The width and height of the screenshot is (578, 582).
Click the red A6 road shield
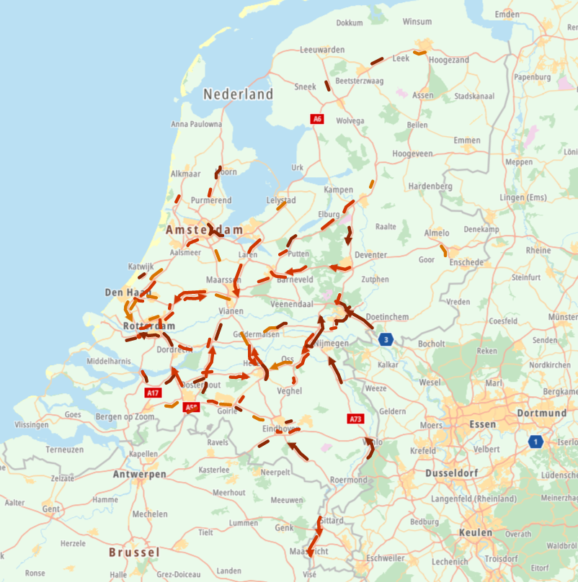tap(317, 118)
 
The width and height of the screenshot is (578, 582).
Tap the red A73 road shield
tap(355, 418)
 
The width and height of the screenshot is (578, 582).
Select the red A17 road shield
tap(152, 393)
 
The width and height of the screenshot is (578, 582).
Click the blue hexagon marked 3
tap(387, 339)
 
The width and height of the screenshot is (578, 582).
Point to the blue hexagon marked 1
tap(534, 442)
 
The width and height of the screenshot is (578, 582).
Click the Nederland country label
tap(238, 94)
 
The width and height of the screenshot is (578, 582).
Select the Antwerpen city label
tap(139, 475)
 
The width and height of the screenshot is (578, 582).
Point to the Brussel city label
tap(134, 552)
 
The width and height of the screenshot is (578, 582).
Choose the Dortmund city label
tap(541, 413)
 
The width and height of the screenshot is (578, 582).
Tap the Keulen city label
tap(476, 533)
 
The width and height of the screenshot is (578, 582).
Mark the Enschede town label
tap(466, 262)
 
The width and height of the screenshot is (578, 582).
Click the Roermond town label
tap(348, 480)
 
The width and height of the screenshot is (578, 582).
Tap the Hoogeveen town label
tap(412, 154)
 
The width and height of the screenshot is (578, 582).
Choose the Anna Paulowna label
tap(196, 124)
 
